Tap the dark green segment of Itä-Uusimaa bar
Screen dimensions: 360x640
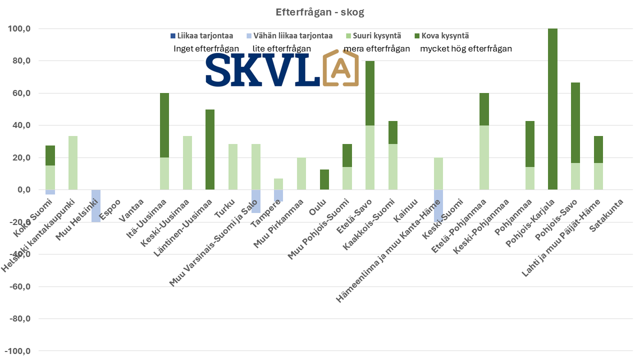click(x=164, y=125)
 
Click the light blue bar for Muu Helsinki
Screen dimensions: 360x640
click(x=96, y=205)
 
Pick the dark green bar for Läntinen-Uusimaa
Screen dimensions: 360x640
click(x=210, y=149)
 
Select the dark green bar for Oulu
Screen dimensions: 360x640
click(x=324, y=179)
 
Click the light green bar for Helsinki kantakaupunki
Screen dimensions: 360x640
click(x=73, y=162)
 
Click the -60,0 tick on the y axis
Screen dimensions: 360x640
click(x=19, y=286)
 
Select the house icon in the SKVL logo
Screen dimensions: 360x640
click(x=340, y=68)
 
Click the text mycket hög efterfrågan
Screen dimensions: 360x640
click(x=466, y=49)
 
